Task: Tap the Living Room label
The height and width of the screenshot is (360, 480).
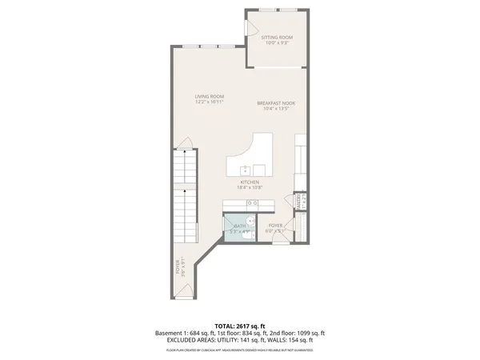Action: click(210, 97)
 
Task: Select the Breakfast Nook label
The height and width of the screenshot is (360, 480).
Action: click(277, 102)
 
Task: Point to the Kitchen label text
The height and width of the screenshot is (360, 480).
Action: click(249, 182)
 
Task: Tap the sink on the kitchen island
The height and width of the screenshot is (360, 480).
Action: click(246, 170)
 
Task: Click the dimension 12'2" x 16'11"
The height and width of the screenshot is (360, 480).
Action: click(210, 103)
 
